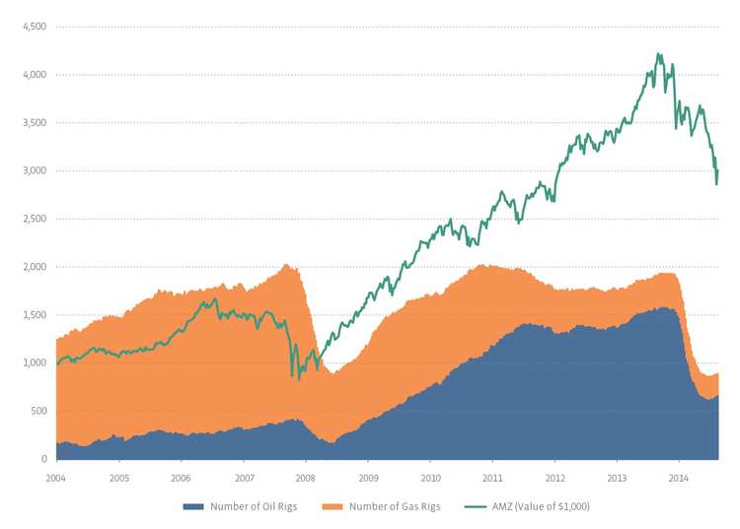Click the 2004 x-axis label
click(x=56, y=477)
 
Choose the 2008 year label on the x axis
click(x=306, y=477)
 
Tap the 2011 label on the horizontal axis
click(x=492, y=477)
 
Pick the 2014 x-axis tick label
click(x=679, y=477)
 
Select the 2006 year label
click(x=181, y=477)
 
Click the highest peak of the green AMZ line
click(x=658, y=54)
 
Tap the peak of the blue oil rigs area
click(x=664, y=308)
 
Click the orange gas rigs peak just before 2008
click(x=286, y=264)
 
